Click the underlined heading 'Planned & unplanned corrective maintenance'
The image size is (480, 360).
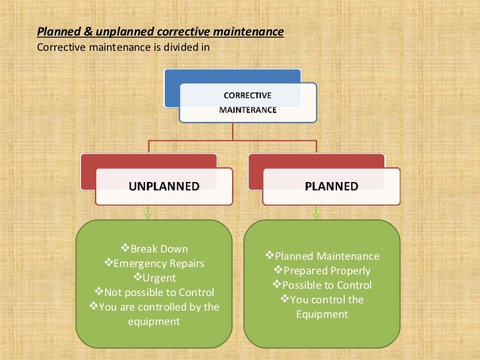(x=160, y=32)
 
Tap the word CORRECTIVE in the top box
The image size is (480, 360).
(x=247, y=95)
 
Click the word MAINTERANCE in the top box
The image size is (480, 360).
(x=247, y=109)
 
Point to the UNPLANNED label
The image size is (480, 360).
(x=164, y=186)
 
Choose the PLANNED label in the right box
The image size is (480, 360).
(x=332, y=186)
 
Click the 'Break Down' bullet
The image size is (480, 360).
(x=155, y=249)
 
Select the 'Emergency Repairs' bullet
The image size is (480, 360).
(x=155, y=263)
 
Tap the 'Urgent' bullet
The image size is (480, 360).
(x=155, y=278)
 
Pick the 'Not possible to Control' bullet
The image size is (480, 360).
(x=155, y=292)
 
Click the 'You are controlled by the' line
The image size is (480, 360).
(x=155, y=307)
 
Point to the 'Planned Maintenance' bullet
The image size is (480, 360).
(x=322, y=256)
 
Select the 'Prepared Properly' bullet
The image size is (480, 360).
(x=322, y=270)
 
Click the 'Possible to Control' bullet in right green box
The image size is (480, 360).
(x=322, y=285)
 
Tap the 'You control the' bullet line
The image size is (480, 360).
(x=322, y=299)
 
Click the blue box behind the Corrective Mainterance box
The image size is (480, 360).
(x=198, y=78)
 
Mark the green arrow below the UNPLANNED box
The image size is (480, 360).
(x=148, y=213)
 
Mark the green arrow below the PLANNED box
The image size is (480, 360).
(x=316, y=213)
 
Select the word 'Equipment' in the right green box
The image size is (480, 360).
(x=322, y=314)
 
